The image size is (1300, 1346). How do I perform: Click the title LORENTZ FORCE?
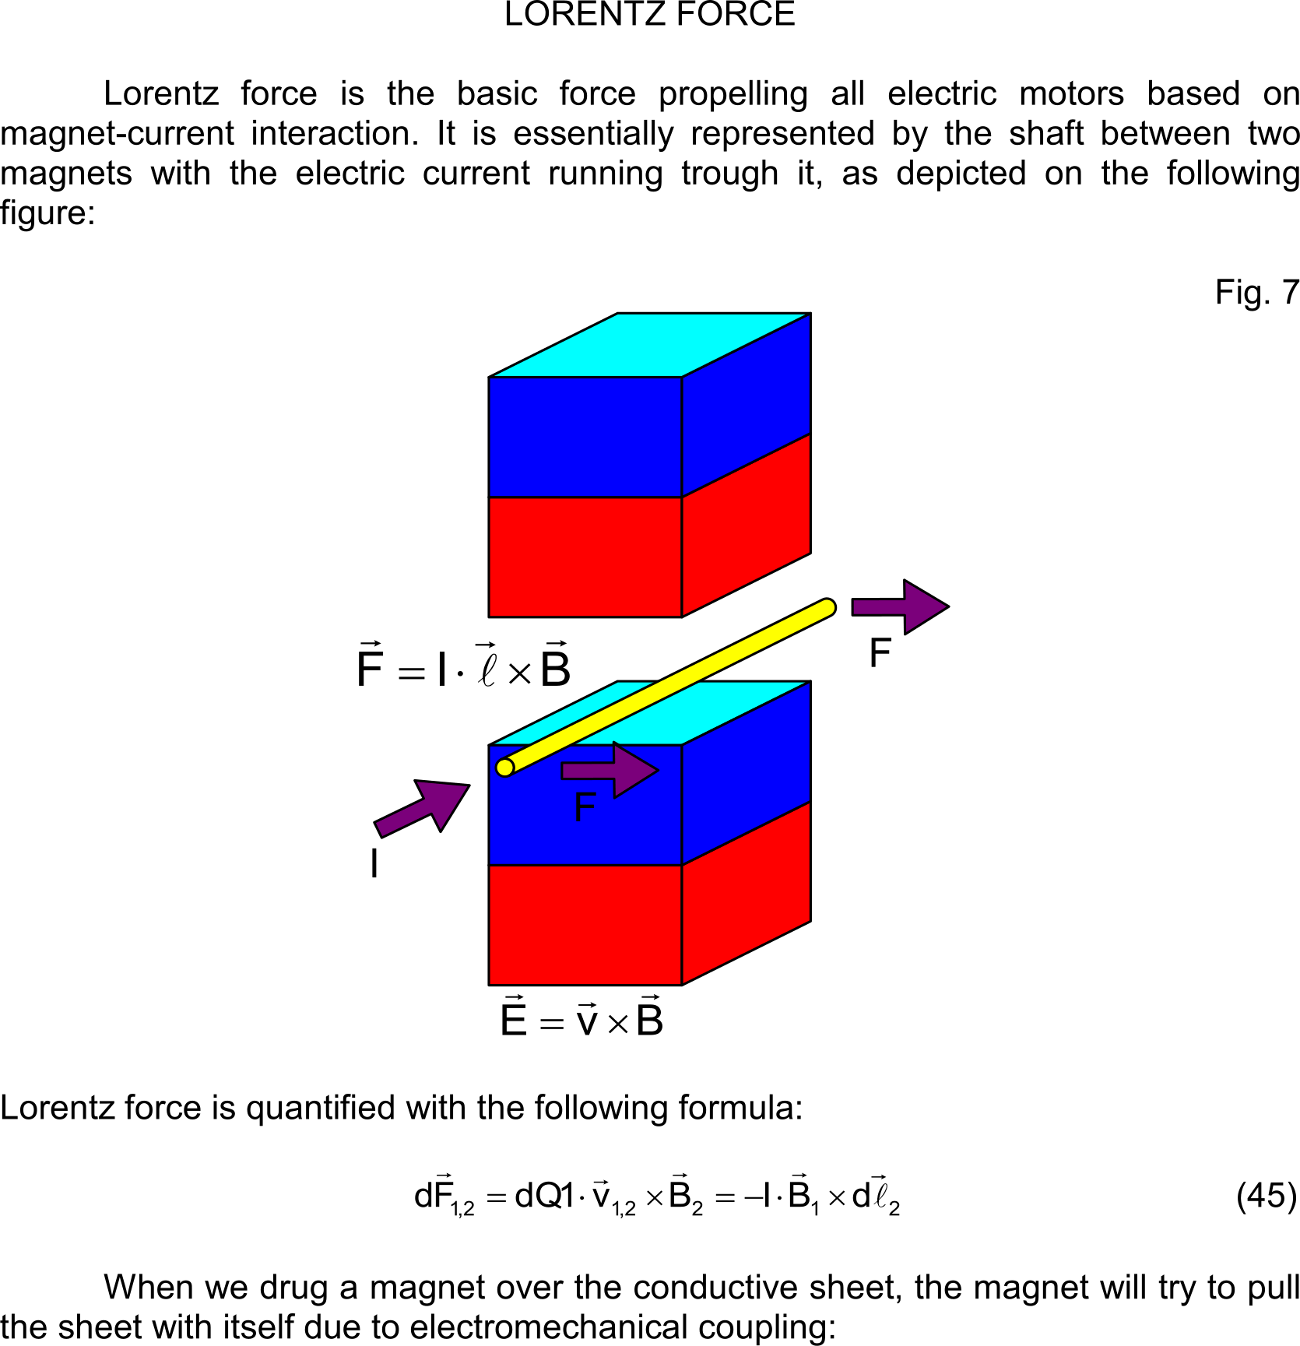(x=649, y=15)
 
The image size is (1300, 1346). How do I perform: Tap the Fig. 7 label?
(x=1256, y=293)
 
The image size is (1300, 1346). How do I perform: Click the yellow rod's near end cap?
(x=505, y=768)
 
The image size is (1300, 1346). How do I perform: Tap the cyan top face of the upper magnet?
(x=650, y=345)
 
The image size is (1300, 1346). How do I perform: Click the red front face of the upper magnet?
(x=585, y=557)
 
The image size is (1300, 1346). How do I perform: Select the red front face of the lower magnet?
(x=585, y=925)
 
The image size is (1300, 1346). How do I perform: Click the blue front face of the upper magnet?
(x=585, y=437)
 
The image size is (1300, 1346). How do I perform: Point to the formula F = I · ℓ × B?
(x=463, y=667)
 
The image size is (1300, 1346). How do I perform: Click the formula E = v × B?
(x=581, y=1019)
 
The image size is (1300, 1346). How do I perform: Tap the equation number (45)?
(x=1267, y=1195)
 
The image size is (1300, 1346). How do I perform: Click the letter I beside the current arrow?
(x=374, y=864)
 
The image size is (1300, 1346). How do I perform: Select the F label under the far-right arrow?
(x=880, y=653)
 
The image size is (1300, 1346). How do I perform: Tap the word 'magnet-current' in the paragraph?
(x=117, y=134)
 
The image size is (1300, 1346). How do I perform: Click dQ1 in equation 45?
(x=544, y=1196)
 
